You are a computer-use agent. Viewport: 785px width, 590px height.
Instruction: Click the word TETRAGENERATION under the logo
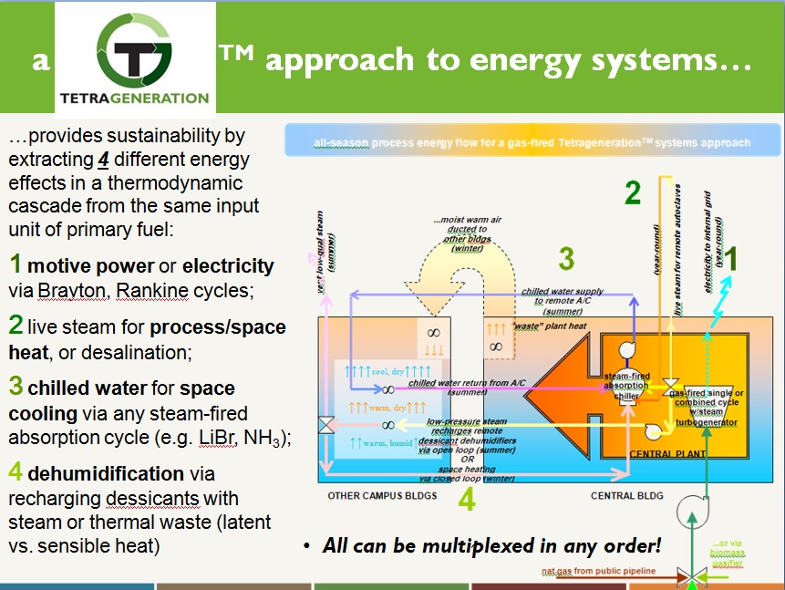134,98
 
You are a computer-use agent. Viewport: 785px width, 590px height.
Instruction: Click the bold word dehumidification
106,473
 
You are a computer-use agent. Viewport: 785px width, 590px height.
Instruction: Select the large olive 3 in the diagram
566,259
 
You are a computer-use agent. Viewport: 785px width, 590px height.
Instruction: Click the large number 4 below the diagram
466,501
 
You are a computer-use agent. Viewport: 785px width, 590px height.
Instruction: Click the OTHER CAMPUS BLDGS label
383,496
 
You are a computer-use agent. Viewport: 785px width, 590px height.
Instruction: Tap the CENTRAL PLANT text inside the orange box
663,452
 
